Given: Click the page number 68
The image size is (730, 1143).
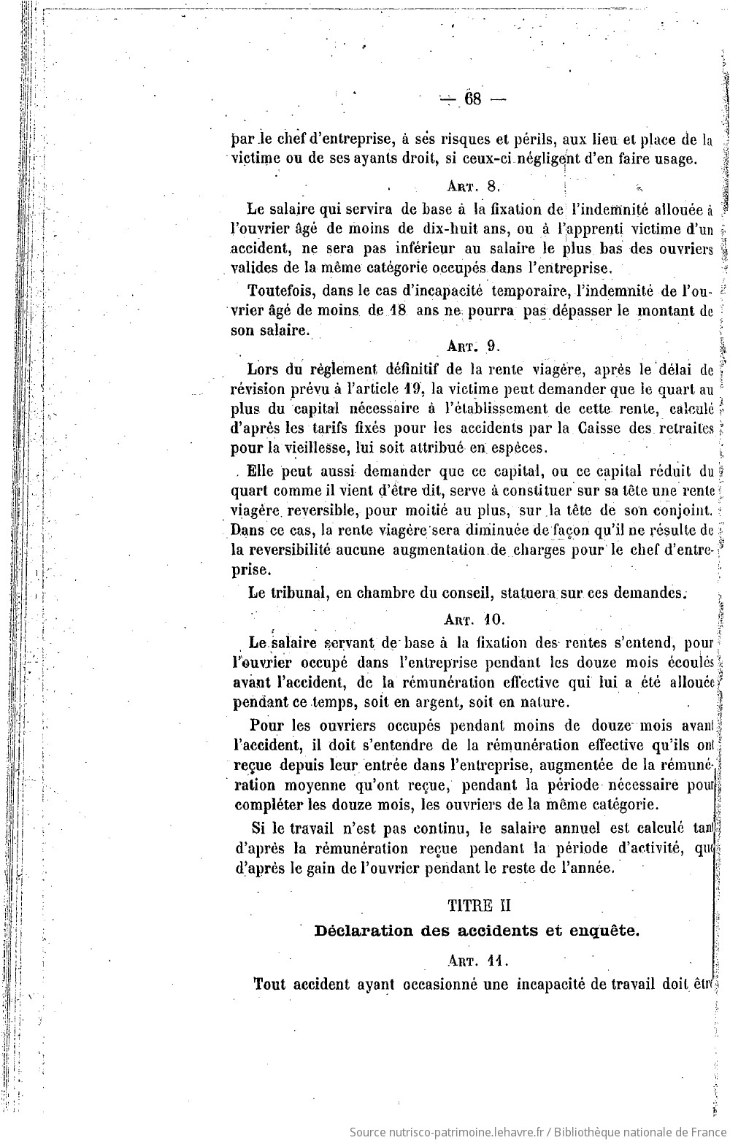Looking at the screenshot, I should click(472, 99).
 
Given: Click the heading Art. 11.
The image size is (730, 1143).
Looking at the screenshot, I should click(479, 961).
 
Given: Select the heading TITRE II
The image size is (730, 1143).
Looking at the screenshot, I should click(479, 905).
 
